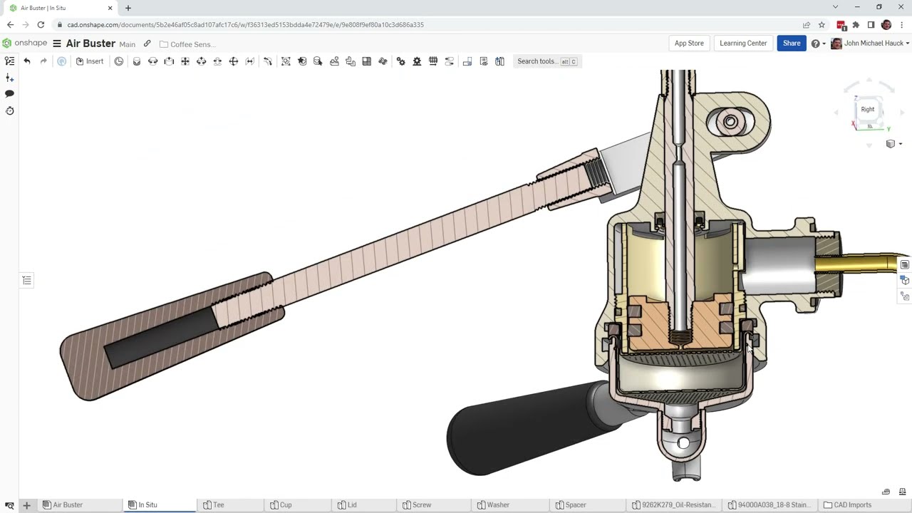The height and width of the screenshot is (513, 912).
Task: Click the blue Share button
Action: [x=791, y=43]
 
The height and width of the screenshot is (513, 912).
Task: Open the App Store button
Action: [x=689, y=43]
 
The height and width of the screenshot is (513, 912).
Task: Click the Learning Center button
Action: [x=743, y=43]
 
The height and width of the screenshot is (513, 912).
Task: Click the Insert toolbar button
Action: [x=90, y=61]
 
